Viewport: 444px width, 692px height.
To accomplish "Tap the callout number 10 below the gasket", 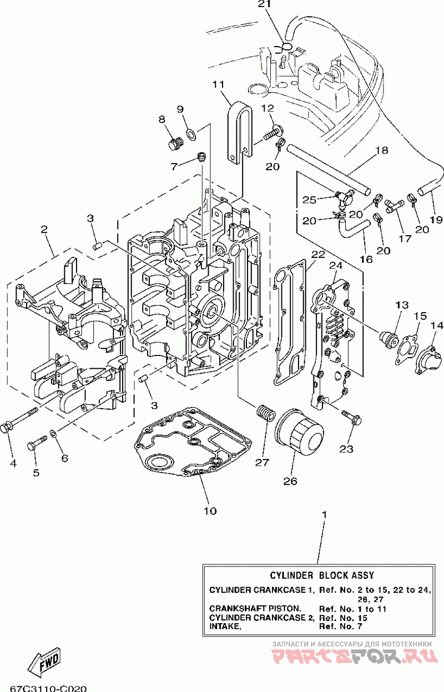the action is tap(210, 511).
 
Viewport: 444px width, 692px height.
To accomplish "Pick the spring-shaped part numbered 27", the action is tap(265, 413).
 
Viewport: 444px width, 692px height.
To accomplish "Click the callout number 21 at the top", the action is tap(264, 4).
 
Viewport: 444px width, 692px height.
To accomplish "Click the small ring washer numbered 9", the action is tap(191, 134).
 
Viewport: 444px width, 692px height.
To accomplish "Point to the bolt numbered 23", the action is tap(351, 418).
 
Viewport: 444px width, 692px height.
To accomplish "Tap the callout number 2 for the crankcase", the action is tap(44, 229).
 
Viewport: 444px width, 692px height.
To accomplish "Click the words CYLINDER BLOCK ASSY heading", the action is tap(322, 576).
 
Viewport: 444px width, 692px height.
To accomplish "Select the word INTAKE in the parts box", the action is tap(225, 627).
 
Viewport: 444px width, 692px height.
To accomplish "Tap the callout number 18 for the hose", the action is tap(382, 150).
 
